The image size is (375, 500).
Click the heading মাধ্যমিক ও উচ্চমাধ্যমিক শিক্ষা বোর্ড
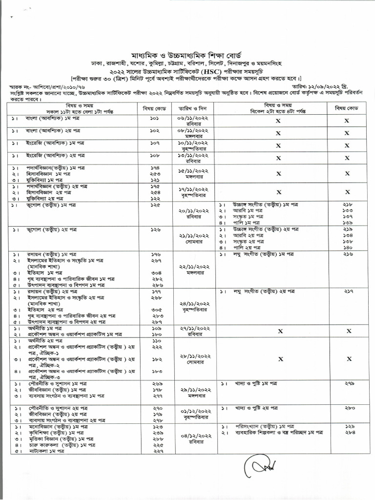(x=187, y=53)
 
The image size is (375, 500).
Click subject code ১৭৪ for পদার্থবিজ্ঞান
(x=155, y=167)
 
